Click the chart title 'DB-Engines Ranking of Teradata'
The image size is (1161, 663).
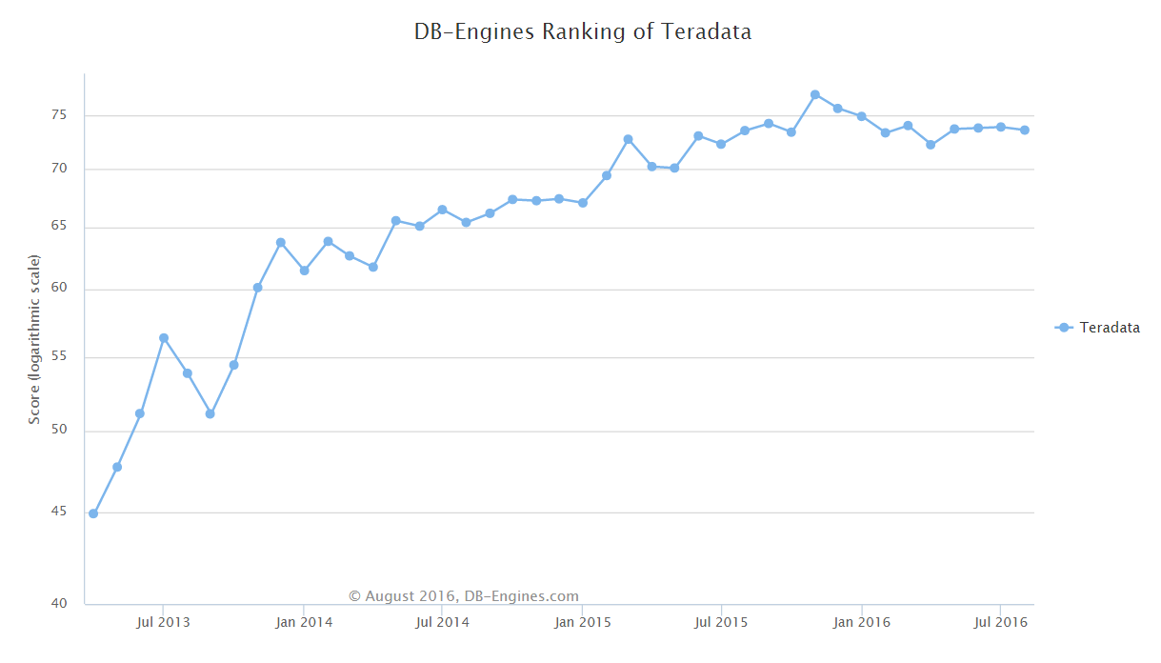click(x=582, y=31)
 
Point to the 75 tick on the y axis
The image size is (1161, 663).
click(x=59, y=115)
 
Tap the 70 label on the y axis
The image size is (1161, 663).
click(x=59, y=170)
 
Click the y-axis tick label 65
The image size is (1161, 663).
click(x=59, y=227)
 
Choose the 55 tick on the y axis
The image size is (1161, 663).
click(x=59, y=357)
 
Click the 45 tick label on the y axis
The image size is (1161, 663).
click(x=59, y=512)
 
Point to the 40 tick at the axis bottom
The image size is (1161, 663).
click(x=59, y=603)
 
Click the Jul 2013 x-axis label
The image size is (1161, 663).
click(x=163, y=623)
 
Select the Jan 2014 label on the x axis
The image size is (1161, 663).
click(x=303, y=623)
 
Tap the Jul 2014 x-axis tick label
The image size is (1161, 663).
click(x=442, y=623)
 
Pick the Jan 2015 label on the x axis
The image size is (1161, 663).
click(x=582, y=623)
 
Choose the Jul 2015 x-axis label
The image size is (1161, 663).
click(x=721, y=623)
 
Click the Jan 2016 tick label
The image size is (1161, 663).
click(x=861, y=623)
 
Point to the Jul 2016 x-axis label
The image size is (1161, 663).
click(x=1000, y=623)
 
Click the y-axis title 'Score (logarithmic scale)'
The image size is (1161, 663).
click(x=34, y=339)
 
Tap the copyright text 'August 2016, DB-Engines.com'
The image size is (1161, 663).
click(x=464, y=596)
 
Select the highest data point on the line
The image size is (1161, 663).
click(x=815, y=94)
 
